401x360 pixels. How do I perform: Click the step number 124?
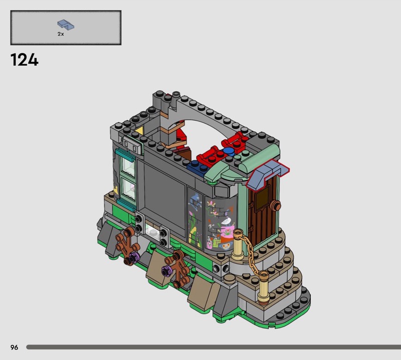24,60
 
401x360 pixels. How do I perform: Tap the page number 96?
15,347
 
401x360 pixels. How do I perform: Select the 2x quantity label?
61,34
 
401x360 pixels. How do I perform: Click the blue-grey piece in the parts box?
66,25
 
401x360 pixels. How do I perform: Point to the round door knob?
275,206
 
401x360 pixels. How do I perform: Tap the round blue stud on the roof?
229,151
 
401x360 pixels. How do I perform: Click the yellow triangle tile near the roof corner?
139,130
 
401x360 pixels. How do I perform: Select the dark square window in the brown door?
262,197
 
